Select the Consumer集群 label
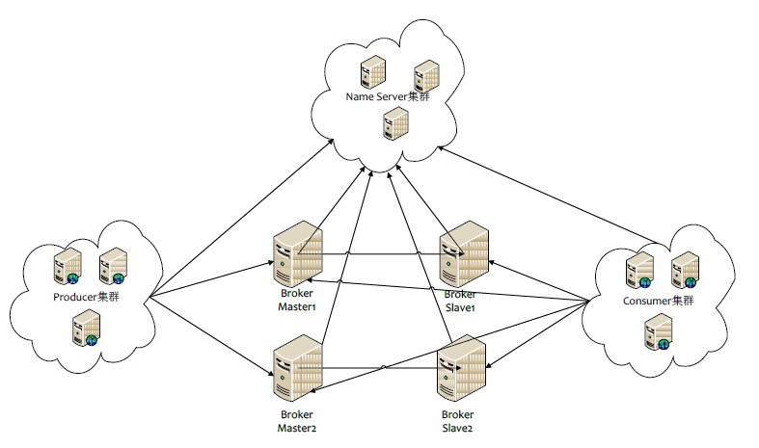pyautogui.click(x=656, y=301)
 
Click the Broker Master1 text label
pyautogui.click(x=296, y=299)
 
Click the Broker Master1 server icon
pyautogui.click(x=295, y=254)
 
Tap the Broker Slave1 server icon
pyautogui.click(x=462, y=251)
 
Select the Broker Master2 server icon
pyautogui.click(x=295, y=368)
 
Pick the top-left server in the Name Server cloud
pyautogui.click(x=369, y=74)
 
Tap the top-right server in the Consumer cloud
pyautogui.click(x=684, y=269)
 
